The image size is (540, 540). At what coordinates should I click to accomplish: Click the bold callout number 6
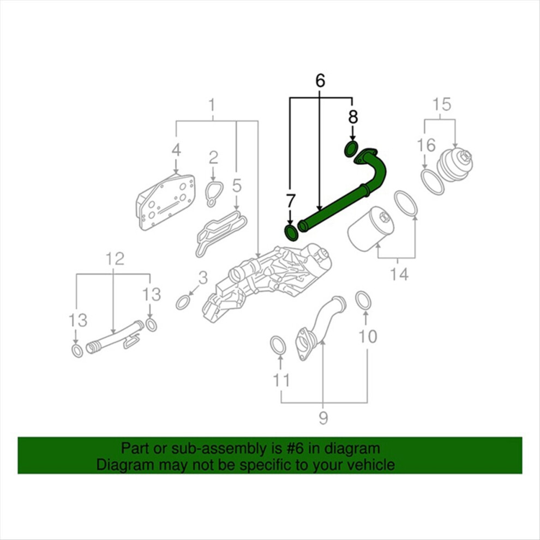pos(320,80)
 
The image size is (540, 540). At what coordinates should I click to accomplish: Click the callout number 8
pos(353,116)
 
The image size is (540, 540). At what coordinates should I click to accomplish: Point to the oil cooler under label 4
pos(165,202)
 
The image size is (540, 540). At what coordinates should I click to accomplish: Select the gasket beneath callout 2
pos(212,194)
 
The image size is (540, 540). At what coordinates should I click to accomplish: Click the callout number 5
pos(236,185)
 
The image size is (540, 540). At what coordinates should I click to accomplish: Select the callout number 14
pos(399,274)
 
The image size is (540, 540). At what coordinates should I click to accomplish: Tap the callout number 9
pos(323,418)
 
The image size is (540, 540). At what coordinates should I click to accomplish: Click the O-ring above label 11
pos(278,346)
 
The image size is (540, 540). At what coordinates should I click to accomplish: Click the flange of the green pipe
pos(365,157)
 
